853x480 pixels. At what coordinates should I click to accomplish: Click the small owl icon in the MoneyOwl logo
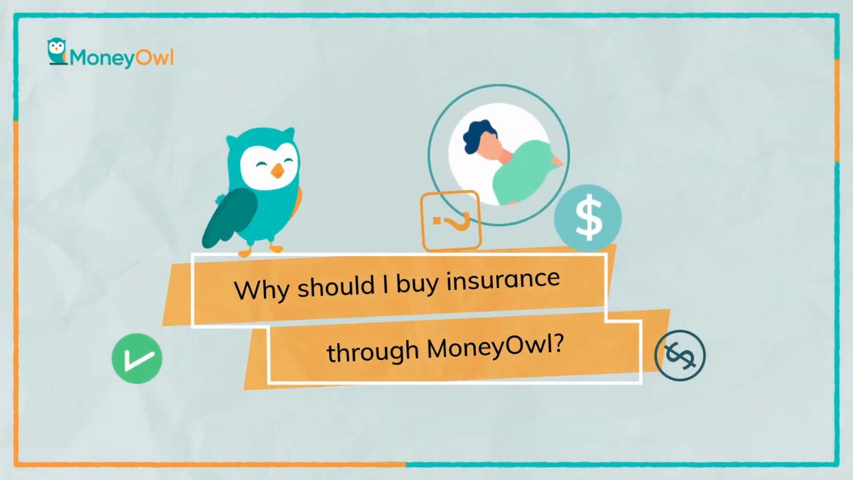coord(57,51)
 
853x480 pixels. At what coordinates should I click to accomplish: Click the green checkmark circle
coord(137,358)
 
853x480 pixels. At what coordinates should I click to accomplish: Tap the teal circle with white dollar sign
coord(588,218)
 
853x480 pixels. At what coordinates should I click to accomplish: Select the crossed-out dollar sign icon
coord(680,355)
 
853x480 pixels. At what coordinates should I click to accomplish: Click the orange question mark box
coord(451,221)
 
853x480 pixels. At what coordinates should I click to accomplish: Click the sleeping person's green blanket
coord(524,171)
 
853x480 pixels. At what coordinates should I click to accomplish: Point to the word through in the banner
coord(373,351)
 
